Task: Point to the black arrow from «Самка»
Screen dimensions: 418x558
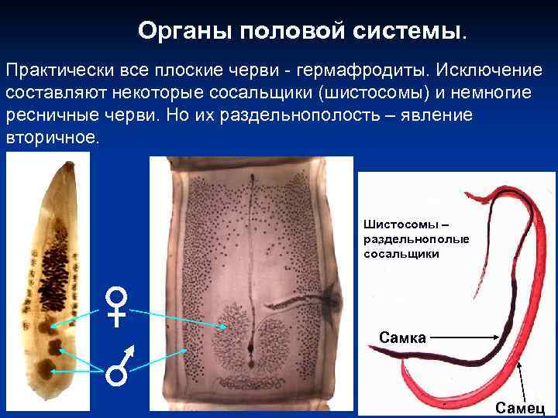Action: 460,337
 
